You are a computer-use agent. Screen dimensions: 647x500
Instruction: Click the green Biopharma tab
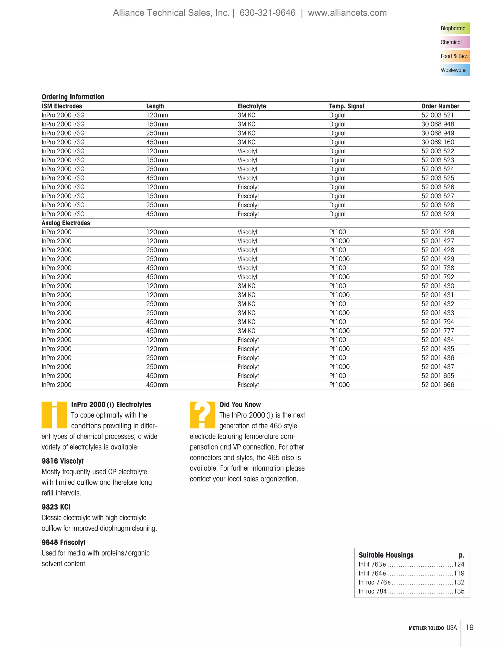454,28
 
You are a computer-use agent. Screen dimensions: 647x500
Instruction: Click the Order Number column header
440,106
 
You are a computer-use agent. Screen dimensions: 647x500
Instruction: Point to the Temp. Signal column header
347,106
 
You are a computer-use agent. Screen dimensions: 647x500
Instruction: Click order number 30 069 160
437,142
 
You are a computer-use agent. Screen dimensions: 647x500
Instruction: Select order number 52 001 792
437,277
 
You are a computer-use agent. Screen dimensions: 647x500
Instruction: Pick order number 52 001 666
437,385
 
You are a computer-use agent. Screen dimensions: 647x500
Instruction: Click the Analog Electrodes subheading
66,223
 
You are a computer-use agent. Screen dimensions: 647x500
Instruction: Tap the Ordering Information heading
73,97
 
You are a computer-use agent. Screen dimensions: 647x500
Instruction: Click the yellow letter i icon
54,415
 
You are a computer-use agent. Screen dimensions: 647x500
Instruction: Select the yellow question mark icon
202,415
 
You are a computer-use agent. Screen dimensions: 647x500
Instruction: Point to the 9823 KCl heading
56,507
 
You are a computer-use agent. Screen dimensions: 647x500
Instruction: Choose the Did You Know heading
240,405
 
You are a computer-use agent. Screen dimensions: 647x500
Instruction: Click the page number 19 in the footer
470,627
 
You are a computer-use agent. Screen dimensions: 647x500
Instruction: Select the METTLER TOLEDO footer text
426,628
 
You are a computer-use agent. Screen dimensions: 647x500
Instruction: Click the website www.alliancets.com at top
347,13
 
